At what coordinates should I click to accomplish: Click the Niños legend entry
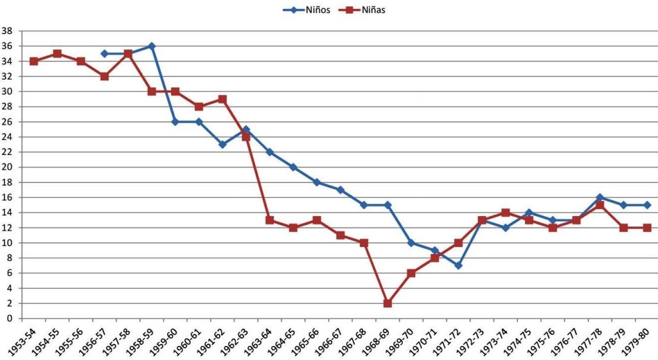(307, 9)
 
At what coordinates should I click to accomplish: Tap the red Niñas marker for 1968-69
(387, 303)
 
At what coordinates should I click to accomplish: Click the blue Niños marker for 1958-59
(152, 46)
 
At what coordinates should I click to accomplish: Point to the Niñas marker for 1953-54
(34, 61)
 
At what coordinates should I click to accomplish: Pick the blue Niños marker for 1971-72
(458, 265)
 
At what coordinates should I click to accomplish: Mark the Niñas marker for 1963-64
(270, 220)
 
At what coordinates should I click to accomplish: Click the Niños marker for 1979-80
(647, 205)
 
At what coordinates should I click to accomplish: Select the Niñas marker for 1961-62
(222, 99)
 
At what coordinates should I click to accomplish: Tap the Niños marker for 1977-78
(600, 197)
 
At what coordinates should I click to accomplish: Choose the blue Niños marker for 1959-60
(175, 122)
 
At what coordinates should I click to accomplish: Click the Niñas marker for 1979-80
(647, 228)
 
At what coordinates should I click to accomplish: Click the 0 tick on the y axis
(10, 319)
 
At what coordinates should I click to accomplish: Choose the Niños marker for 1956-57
(105, 54)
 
